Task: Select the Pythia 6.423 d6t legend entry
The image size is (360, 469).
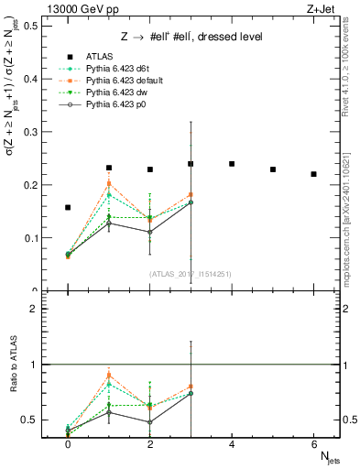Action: [109, 69]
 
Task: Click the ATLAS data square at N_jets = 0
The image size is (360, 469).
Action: [68, 207]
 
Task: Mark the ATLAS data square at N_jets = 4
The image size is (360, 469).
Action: [232, 164]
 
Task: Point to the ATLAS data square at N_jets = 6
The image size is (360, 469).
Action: [314, 174]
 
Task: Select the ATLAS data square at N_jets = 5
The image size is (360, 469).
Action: [273, 169]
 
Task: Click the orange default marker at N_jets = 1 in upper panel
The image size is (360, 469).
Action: [109, 183]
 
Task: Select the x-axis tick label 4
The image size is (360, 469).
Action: [232, 443]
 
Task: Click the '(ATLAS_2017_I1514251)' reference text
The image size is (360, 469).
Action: [190, 274]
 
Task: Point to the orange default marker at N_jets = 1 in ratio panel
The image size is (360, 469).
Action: [109, 376]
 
